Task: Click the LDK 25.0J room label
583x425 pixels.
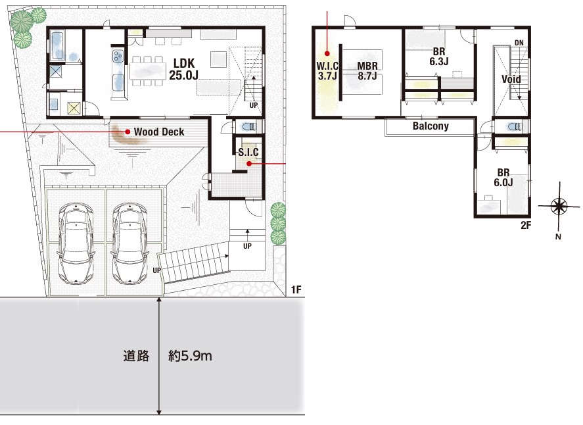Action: tap(183, 69)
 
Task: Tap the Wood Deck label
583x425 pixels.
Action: tap(159, 132)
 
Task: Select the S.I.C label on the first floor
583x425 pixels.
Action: tap(248, 152)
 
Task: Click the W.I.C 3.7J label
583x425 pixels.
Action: tap(327, 70)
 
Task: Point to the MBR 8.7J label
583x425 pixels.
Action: tap(367, 70)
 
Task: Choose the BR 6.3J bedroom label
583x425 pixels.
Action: tap(439, 57)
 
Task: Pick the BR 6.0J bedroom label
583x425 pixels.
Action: tap(503, 178)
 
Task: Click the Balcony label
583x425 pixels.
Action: tap(431, 126)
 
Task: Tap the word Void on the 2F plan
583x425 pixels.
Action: tap(511, 79)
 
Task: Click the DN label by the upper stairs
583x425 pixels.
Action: tap(519, 43)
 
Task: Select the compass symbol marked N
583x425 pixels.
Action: tap(559, 206)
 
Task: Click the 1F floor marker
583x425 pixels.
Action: tap(296, 289)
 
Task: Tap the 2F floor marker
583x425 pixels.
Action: tap(526, 225)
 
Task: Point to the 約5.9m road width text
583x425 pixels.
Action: tap(190, 356)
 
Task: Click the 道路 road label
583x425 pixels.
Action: tap(137, 356)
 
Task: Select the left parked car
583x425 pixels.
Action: tap(76, 243)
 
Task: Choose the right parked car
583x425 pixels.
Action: tap(129, 243)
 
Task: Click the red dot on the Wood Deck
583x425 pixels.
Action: tap(128, 132)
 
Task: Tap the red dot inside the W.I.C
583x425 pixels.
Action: tap(327, 53)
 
